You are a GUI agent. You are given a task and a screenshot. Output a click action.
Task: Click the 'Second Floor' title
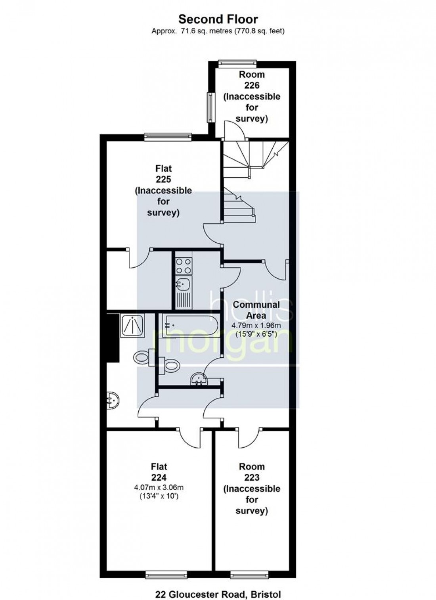point(218,19)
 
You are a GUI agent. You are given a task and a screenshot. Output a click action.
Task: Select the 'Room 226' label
point(252,80)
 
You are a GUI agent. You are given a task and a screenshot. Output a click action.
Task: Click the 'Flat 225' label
point(164,174)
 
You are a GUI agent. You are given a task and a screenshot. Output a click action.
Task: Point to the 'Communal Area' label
point(256,310)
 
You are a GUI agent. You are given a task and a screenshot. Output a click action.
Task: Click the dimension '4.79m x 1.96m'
point(256,326)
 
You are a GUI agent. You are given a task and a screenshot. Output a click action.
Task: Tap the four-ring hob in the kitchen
point(184,266)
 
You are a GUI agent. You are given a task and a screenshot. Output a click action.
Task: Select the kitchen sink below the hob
point(184,283)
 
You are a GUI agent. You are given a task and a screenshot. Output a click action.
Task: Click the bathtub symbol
point(191,326)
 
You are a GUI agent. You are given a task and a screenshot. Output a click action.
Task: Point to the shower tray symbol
point(133,326)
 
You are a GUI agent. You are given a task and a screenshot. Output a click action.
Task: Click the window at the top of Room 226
point(237,64)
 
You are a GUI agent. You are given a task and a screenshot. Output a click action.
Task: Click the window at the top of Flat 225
point(168,137)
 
